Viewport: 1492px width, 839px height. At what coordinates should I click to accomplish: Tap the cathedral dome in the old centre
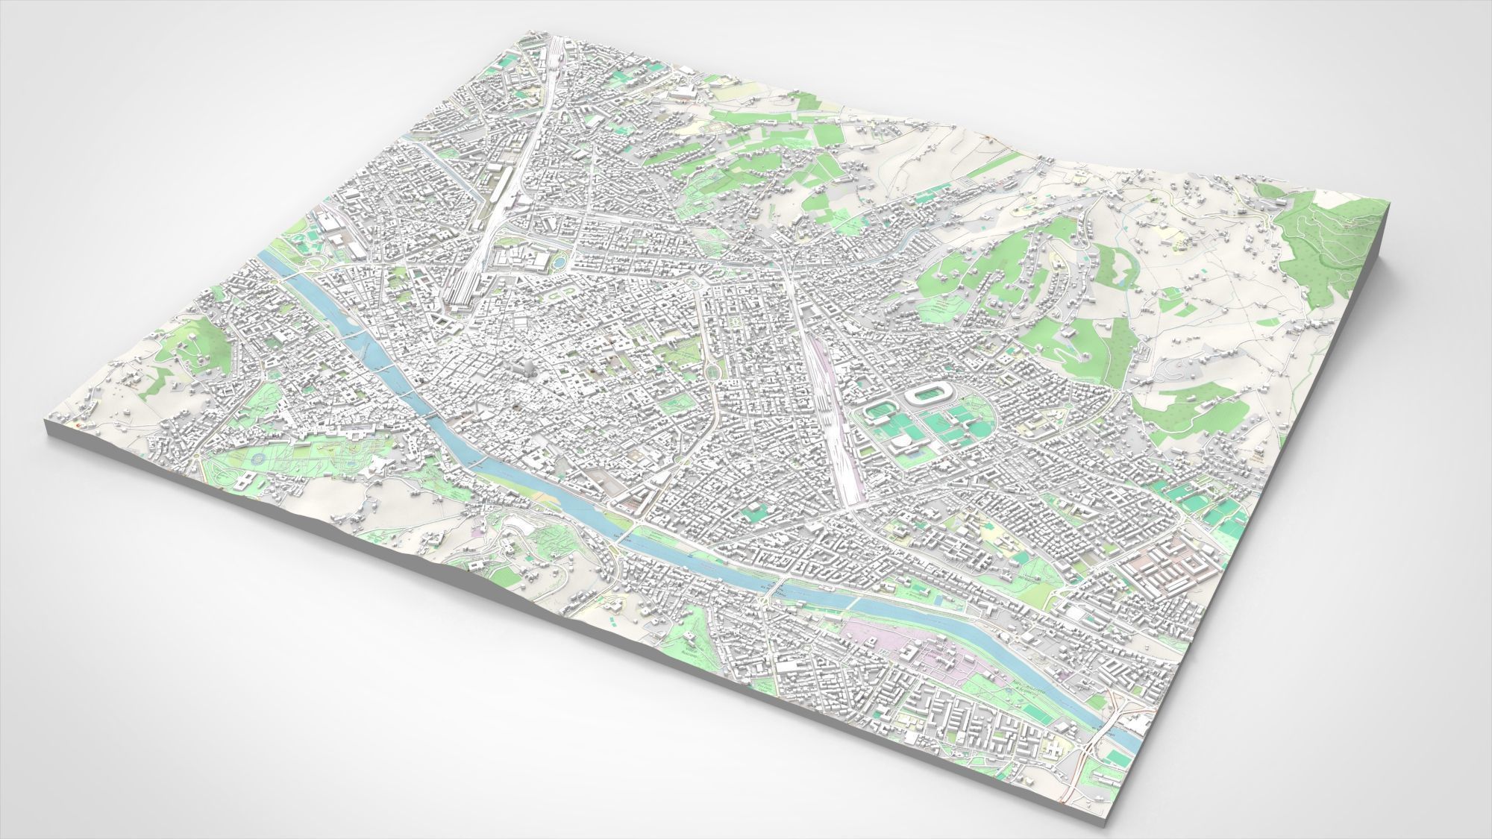coord(527,368)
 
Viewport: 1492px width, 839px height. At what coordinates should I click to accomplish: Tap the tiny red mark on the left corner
coord(80,424)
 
